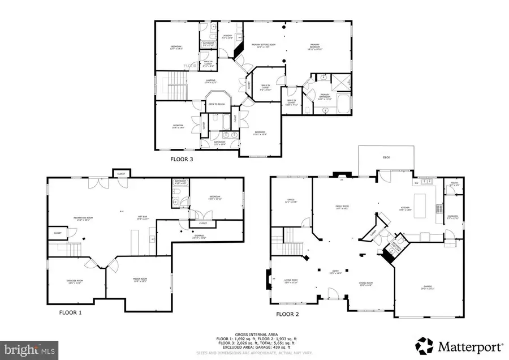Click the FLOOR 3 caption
point(182,160)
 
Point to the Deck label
point(386,157)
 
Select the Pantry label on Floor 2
point(454,183)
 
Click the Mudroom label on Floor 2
point(453,216)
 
